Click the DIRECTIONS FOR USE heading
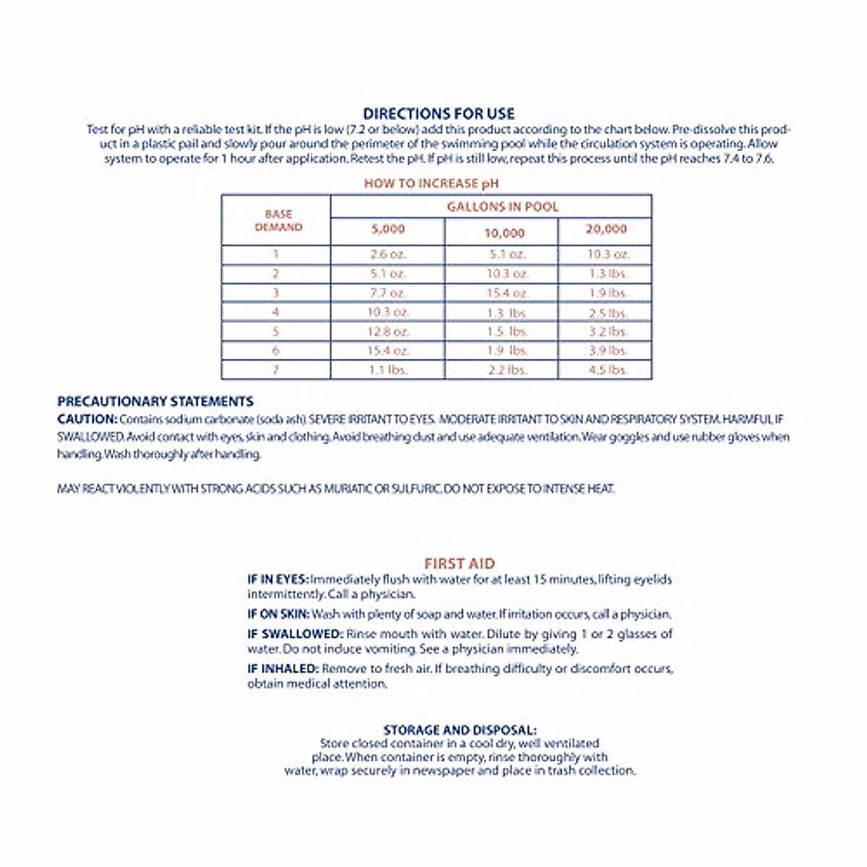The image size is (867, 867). [439, 113]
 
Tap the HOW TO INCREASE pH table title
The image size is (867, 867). [431, 184]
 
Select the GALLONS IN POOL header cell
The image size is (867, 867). [502, 207]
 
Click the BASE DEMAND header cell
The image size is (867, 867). [278, 220]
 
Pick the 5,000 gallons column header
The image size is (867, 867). [388, 229]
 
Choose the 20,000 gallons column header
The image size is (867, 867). [606, 229]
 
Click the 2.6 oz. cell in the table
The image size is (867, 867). [388, 255]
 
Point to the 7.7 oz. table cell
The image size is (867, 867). [388, 293]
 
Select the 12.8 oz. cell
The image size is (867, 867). [388, 332]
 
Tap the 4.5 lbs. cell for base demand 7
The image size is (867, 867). [607, 370]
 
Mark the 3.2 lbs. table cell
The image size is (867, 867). [607, 332]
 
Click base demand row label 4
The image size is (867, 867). [275, 312]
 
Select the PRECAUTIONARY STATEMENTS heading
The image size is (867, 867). [155, 402]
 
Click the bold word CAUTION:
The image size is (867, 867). [87, 419]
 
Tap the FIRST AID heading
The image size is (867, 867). [460, 564]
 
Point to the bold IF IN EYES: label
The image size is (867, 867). [278, 579]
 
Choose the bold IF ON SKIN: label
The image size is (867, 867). [278, 614]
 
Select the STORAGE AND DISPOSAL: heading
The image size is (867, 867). [460, 730]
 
